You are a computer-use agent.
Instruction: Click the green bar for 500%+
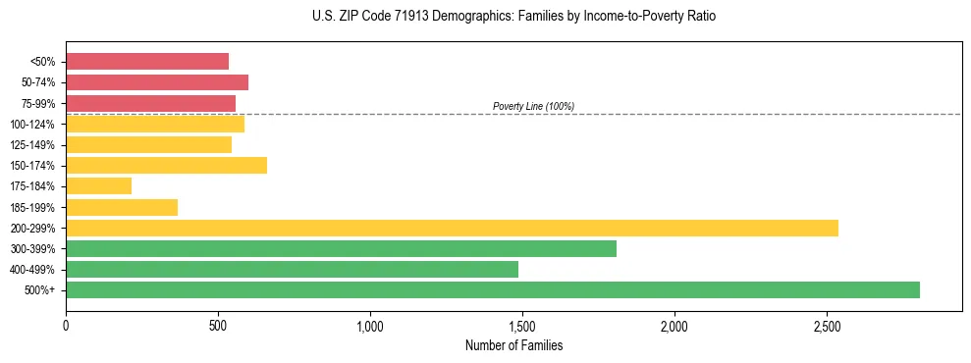[492, 289]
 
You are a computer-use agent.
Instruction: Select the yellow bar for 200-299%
[452, 228]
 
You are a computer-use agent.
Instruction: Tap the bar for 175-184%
[98, 185]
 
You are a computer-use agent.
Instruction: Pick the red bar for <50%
[147, 61]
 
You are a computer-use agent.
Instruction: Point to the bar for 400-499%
[292, 269]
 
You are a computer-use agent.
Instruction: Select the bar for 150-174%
[166, 165]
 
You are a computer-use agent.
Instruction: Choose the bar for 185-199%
[122, 207]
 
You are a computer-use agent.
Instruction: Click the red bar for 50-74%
[157, 82]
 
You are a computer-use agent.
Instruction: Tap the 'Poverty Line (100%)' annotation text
[533, 106]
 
